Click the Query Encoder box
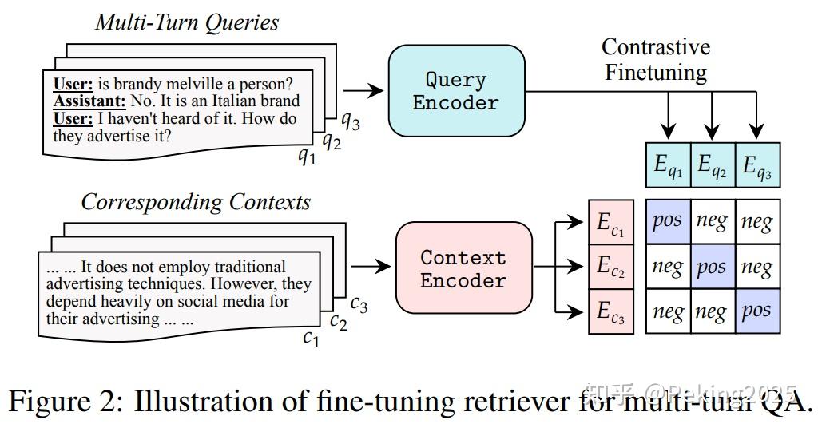point(456,91)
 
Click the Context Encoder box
point(463,268)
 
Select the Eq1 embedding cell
point(668,164)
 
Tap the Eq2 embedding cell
point(713,164)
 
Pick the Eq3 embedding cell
point(757,164)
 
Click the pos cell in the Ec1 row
point(668,221)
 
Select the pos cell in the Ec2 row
point(713,266)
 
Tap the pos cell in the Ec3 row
point(757,311)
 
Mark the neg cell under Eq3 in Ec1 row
point(757,221)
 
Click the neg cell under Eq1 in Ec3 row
point(668,311)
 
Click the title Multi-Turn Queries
point(187,22)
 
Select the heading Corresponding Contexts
point(196,201)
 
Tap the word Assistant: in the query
point(89,101)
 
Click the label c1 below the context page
point(311,339)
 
